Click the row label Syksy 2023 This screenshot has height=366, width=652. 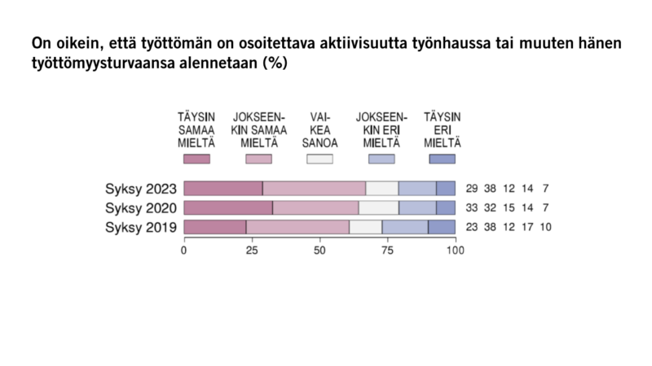pos(141,189)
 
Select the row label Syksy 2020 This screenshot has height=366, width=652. pos(141,207)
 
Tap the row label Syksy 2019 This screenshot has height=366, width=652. pos(141,227)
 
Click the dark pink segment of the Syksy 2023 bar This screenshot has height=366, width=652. pos(222,189)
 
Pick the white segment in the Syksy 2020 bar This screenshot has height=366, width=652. pos(378,207)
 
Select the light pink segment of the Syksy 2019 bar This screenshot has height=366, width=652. pos(297,227)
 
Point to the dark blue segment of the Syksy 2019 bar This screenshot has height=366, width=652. pos(441,227)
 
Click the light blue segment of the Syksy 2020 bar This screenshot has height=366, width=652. pos(417,207)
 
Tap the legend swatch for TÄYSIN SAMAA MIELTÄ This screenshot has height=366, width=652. pos(196,159)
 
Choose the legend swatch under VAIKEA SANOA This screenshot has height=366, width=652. pos(319,159)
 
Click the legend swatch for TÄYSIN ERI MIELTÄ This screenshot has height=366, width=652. pos(442,159)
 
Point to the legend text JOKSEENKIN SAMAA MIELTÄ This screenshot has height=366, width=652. pos(259,130)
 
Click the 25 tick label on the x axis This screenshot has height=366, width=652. pos(251,251)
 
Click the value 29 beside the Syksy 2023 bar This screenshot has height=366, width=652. pos(472,189)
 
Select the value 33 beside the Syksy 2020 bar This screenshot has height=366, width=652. pos(472,207)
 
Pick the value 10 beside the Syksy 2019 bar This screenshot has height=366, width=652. pos(545,227)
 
